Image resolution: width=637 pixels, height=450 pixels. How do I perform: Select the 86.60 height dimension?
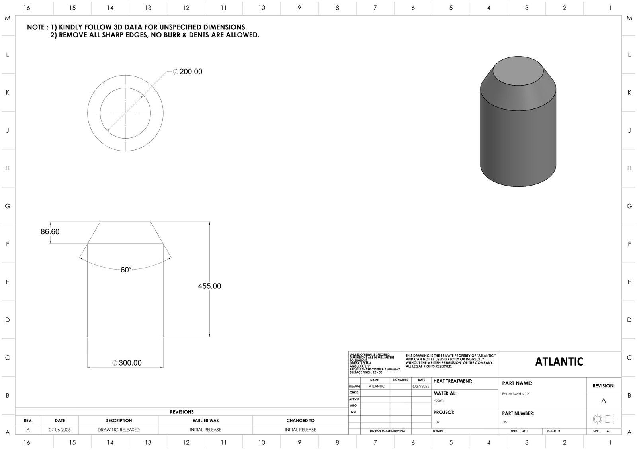[50, 232]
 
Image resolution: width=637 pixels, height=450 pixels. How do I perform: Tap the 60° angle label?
[126, 270]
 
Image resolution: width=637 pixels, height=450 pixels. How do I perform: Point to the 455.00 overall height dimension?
[209, 286]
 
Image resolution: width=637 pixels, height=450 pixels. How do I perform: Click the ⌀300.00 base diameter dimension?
[127, 363]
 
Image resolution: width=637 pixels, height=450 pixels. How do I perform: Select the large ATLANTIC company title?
[559, 362]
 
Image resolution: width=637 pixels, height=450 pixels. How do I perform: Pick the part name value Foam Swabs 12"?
[516, 394]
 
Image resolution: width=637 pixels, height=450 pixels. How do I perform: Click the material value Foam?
[438, 401]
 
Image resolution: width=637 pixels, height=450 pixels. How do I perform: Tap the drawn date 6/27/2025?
[421, 386]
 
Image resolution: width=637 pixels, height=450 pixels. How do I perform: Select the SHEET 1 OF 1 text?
[519, 431]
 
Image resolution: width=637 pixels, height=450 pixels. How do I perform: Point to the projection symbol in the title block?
[604, 419]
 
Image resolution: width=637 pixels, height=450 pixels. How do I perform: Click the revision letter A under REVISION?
[604, 401]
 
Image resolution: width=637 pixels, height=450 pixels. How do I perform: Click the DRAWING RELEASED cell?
[119, 430]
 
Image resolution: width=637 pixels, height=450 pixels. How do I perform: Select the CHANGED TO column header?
[300, 421]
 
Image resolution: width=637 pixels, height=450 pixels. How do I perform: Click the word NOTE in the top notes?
[36, 27]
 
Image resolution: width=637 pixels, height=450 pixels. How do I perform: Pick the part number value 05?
[505, 422]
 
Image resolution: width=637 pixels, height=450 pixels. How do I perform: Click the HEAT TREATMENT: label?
[453, 381]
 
